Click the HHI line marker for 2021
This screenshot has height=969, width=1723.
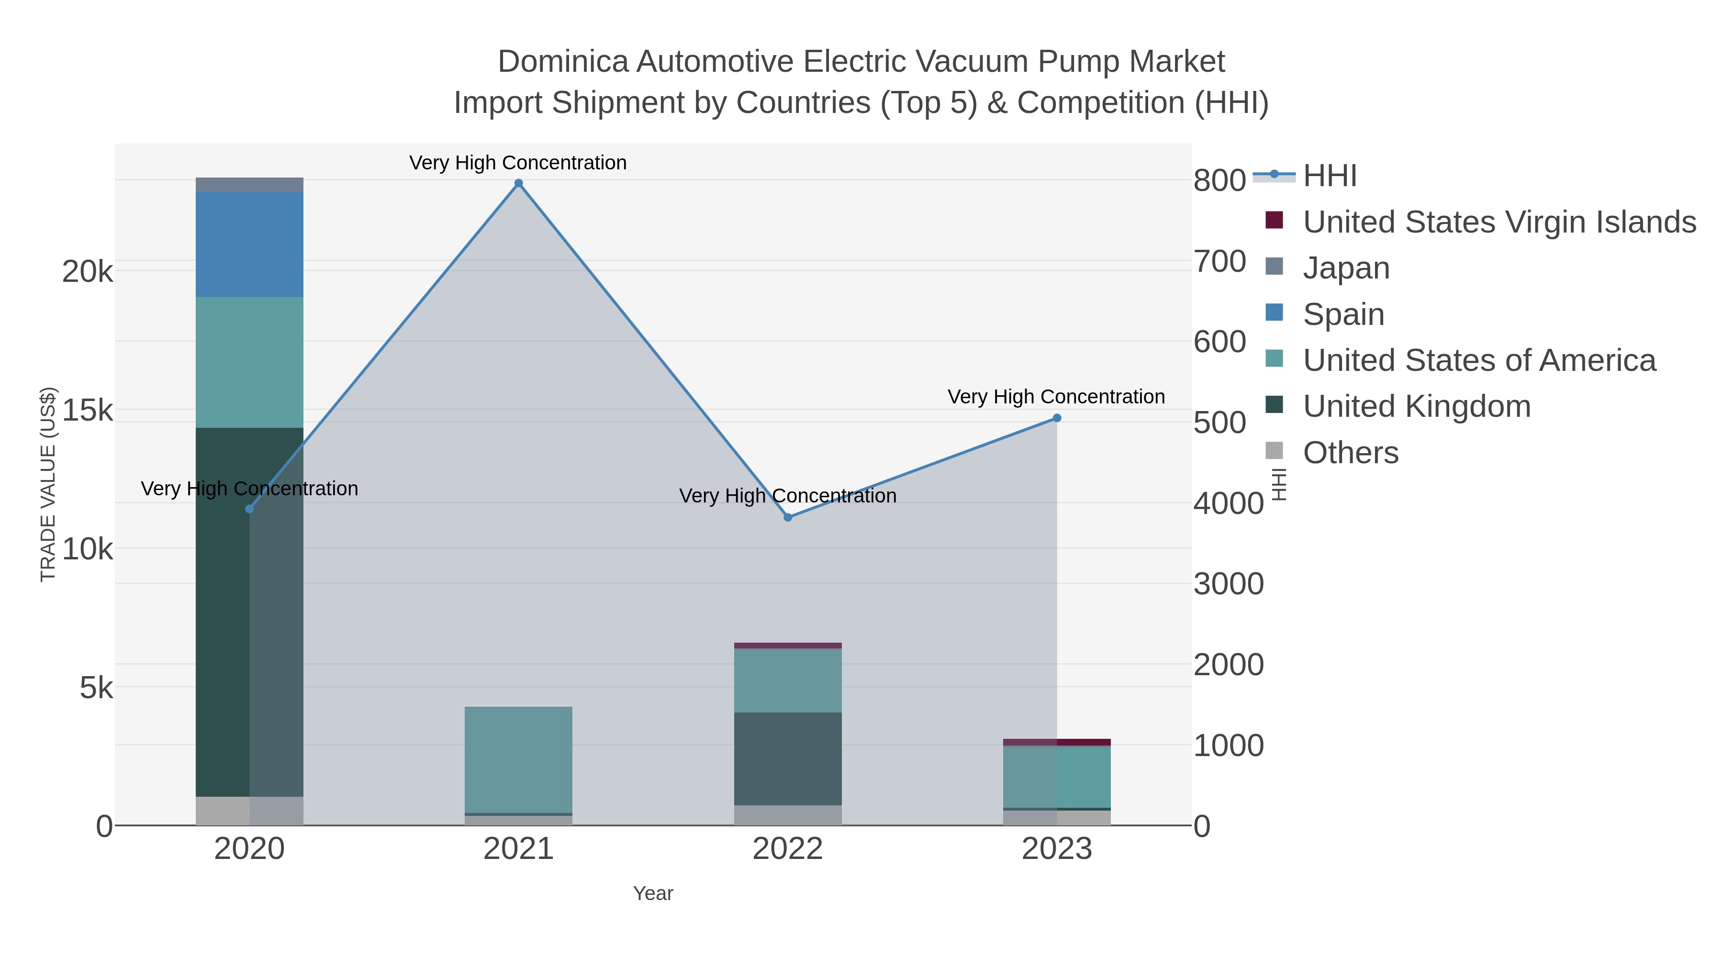coord(518,183)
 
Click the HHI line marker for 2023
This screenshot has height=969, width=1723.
coord(1057,418)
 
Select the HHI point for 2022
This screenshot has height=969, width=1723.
coord(787,517)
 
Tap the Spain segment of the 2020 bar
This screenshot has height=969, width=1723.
coord(249,244)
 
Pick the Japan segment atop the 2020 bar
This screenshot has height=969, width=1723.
coord(249,185)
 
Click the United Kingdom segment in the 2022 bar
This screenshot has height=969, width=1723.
coord(787,758)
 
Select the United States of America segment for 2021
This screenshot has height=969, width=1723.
coord(518,759)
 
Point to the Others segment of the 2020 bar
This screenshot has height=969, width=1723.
coord(249,811)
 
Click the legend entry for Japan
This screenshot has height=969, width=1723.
coord(1346,268)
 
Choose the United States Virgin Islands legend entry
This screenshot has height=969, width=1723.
coord(1498,222)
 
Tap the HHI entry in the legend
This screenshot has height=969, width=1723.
coord(1330,176)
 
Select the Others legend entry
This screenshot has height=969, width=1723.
coord(1350,453)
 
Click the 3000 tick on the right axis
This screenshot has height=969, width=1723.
coord(1228,584)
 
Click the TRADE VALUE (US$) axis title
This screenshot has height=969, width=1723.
coord(48,484)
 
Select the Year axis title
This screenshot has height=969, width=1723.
coord(653,893)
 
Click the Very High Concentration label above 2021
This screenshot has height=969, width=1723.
coord(518,163)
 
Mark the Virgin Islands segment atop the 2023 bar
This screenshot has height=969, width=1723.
coord(1057,742)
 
